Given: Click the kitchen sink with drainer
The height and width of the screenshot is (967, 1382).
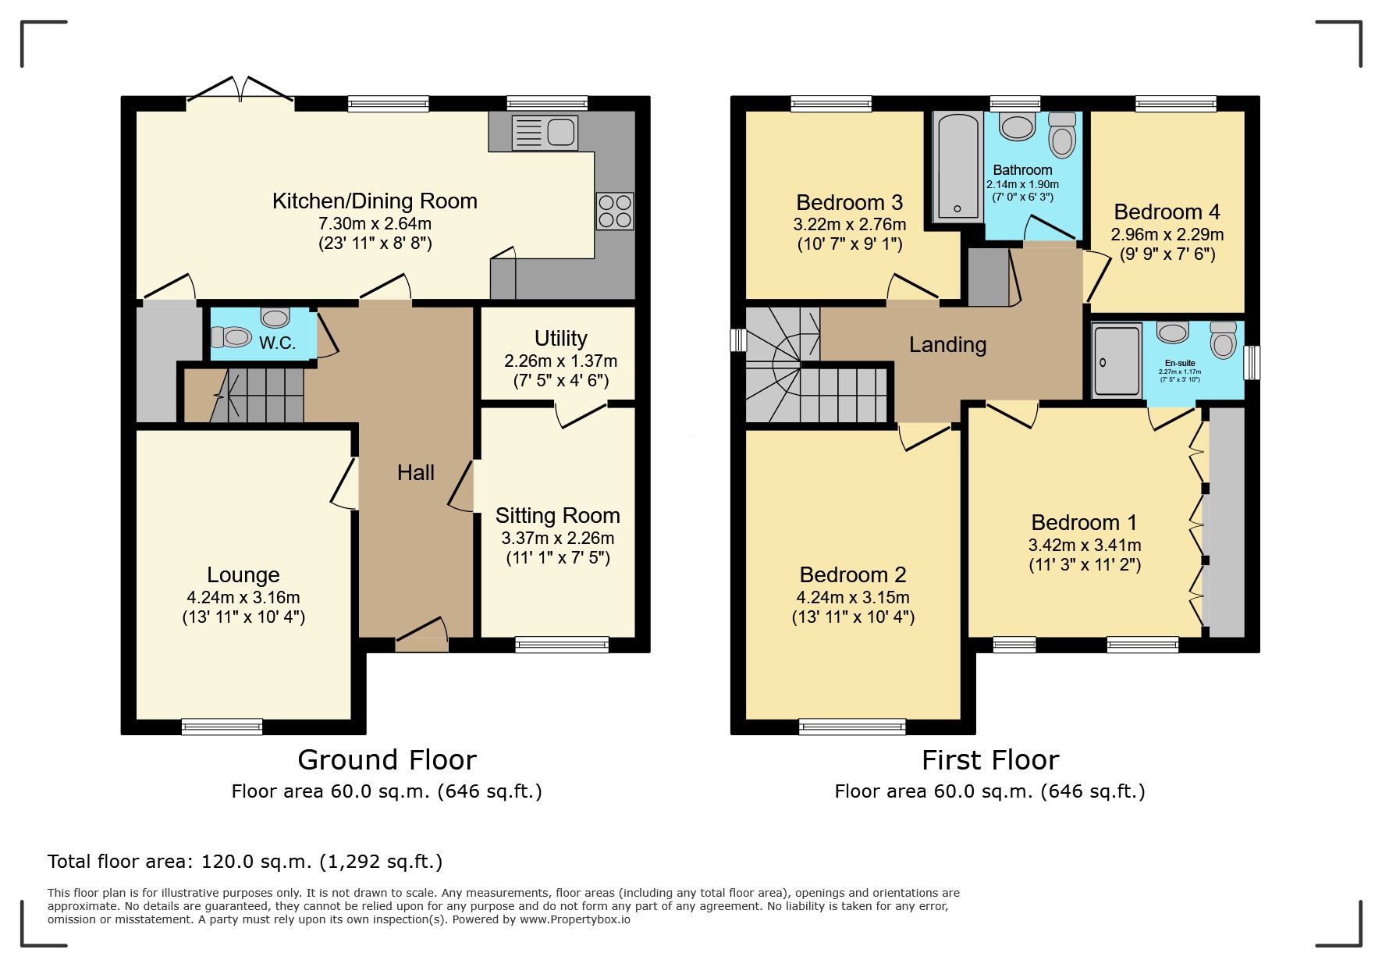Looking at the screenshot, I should click(x=545, y=133).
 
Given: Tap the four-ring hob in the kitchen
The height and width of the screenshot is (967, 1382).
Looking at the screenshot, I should click(x=615, y=211).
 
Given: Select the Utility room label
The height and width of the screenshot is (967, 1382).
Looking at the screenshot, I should click(x=560, y=338).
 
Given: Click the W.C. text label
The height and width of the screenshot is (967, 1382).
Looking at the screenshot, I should click(x=277, y=343).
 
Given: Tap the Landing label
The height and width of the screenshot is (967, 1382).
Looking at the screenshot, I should click(x=947, y=344).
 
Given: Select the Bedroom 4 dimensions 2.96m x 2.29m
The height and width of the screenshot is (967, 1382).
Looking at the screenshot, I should click(x=1167, y=234).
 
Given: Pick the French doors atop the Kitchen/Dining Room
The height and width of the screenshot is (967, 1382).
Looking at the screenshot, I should click(x=240, y=91).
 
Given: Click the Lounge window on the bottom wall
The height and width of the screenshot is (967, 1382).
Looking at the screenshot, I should click(x=222, y=727).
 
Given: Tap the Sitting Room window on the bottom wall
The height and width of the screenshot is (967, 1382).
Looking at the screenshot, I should click(x=562, y=645).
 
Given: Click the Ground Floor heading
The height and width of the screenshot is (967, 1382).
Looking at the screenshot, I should click(x=387, y=759).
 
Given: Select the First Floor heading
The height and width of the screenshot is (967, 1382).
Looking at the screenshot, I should click(x=989, y=759).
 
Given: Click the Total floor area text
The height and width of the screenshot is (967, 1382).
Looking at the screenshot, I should click(x=244, y=862).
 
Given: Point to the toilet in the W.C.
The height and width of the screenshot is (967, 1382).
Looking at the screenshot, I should click(x=230, y=337).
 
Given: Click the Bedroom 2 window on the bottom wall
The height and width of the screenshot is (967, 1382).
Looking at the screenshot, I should click(x=852, y=727).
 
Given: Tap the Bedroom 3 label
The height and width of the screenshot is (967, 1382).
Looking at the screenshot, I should click(x=849, y=202).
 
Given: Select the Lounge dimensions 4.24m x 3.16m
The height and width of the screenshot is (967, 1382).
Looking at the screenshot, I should click(x=243, y=597).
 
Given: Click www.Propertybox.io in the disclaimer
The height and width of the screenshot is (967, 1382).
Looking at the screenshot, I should click(x=574, y=919).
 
